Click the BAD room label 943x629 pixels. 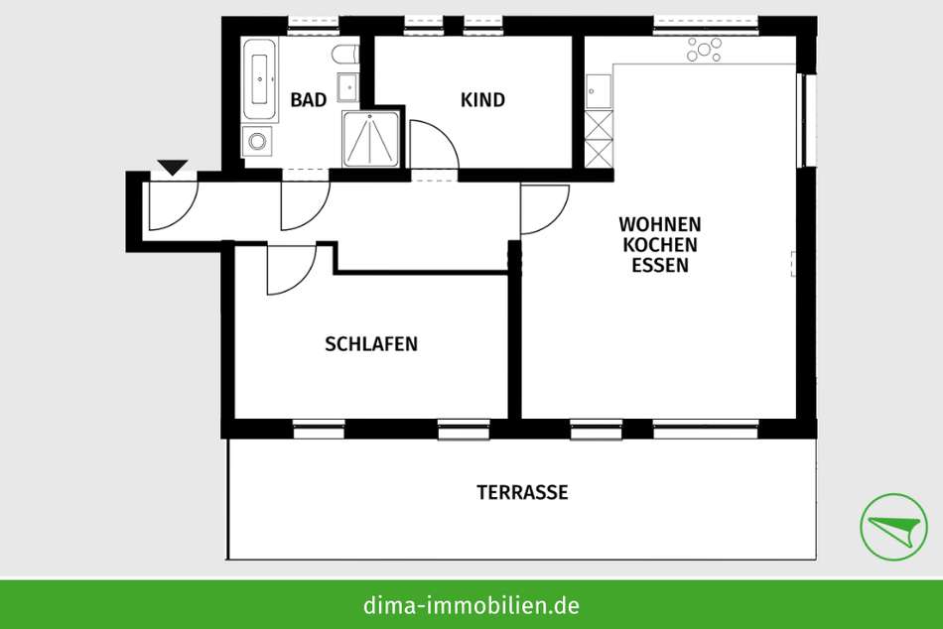pyautogui.click(x=309, y=100)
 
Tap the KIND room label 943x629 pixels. pyautogui.click(x=483, y=100)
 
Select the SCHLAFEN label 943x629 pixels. pyautogui.click(x=371, y=344)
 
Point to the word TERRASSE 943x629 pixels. pyautogui.click(x=522, y=492)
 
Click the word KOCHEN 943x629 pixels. pyautogui.click(x=660, y=245)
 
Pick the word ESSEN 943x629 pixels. pyautogui.click(x=660, y=265)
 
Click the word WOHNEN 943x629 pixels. pyautogui.click(x=660, y=224)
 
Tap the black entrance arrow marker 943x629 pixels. pyautogui.click(x=173, y=167)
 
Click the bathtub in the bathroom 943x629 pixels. pyautogui.click(x=260, y=79)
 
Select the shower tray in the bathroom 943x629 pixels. pyautogui.click(x=370, y=139)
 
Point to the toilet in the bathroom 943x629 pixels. pyautogui.click(x=345, y=55)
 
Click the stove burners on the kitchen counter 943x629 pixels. pyautogui.click(x=704, y=50)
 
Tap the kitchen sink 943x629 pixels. pyautogui.click(x=599, y=91)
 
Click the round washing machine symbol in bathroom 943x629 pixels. pyautogui.click(x=257, y=142)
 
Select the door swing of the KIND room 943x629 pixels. pyautogui.click(x=434, y=145)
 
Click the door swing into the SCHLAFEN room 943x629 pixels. pyautogui.click(x=292, y=270)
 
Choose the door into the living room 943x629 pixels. pyautogui.click(x=545, y=209)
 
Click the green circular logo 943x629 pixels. pyautogui.click(x=893, y=527)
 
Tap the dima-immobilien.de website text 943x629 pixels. pyautogui.click(x=471, y=604)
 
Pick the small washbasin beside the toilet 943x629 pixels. pyautogui.click(x=348, y=87)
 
